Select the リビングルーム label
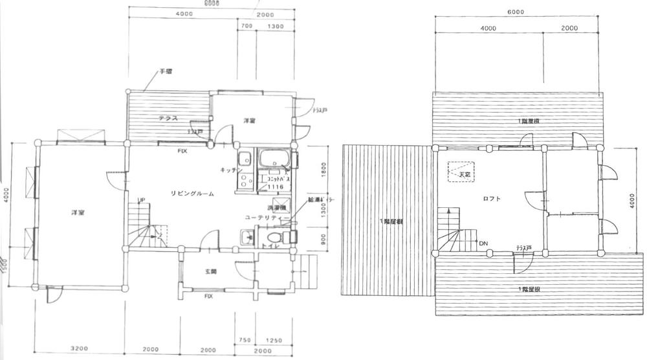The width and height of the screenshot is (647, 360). click(192, 194)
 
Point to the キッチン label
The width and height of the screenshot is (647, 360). click(230, 170)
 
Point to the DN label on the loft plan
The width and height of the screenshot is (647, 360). click(483, 243)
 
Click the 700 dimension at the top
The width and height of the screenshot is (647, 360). click(246, 26)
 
